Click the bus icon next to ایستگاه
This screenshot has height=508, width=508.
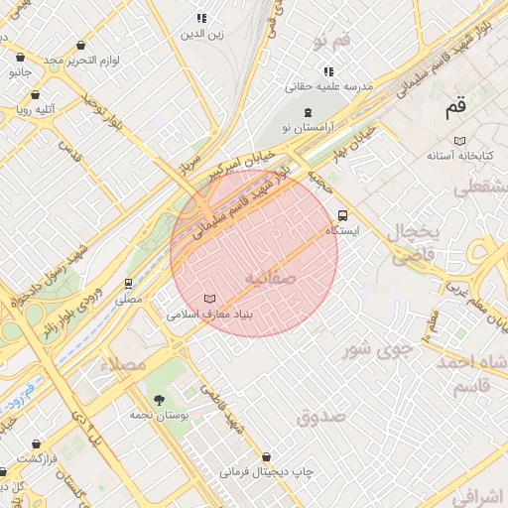[x=343, y=214]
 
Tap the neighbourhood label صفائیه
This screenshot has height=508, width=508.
[x=269, y=278]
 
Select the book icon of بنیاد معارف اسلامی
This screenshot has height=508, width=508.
[x=208, y=299]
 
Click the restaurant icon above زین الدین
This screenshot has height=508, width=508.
[x=201, y=19]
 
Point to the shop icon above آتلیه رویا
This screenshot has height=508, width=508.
[x=36, y=95]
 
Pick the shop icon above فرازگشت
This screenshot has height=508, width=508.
[x=36, y=444]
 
